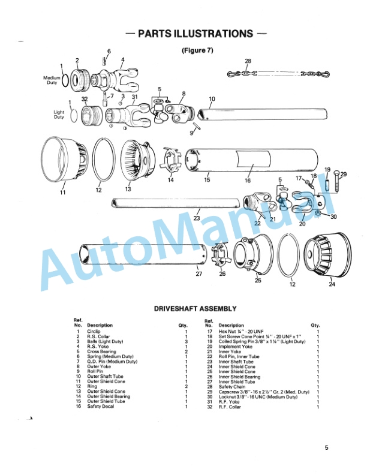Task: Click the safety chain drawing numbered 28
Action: click(x=278, y=74)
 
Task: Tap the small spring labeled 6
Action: click(x=104, y=61)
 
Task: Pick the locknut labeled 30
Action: click(x=318, y=214)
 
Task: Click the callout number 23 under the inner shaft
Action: click(x=197, y=218)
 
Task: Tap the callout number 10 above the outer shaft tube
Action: click(x=212, y=99)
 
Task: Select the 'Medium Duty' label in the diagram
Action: click(x=52, y=80)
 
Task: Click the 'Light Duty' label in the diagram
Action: click(x=59, y=115)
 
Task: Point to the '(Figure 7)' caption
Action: click(x=197, y=50)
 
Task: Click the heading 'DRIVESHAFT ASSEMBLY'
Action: click(x=195, y=309)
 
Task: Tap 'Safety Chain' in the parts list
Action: click(x=232, y=387)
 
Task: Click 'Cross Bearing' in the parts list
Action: click(x=101, y=351)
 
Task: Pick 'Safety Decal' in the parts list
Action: click(x=101, y=406)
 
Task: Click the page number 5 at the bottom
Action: click(x=326, y=447)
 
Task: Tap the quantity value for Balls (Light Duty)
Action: click(x=186, y=341)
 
